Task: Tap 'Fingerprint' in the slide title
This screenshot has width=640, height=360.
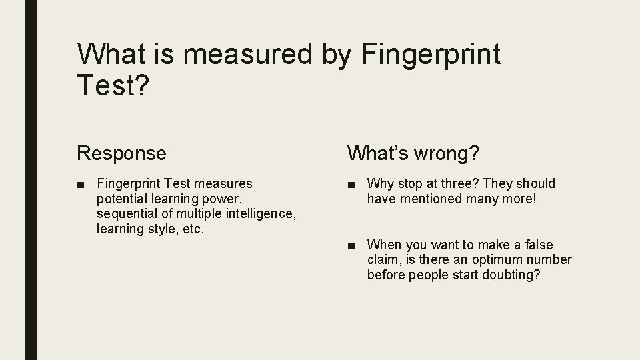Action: pos(431,55)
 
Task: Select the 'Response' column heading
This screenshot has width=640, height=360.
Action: pos(121,153)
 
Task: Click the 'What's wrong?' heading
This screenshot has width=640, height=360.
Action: pos(413,153)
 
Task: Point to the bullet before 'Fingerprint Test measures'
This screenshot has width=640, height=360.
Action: pos(81,183)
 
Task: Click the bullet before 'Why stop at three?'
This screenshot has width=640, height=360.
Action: pos(352,183)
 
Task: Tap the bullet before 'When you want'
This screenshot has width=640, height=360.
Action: pos(352,245)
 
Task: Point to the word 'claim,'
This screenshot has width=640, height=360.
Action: pos(384,260)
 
